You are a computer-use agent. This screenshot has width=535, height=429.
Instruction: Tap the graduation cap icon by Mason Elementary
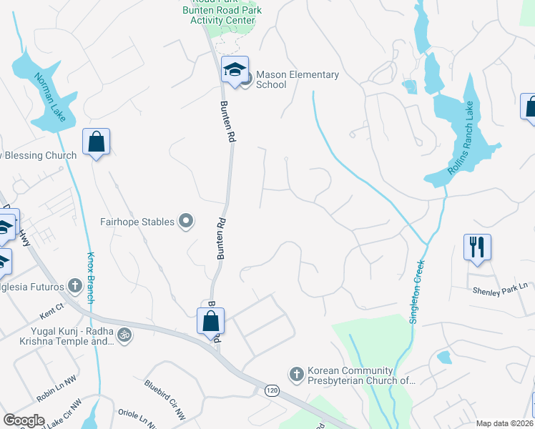click(x=235, y=69)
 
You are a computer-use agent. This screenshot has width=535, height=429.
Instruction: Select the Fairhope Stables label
click(x=137, y=222)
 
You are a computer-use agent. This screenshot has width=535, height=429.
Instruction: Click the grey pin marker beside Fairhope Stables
click(x=186, y=221)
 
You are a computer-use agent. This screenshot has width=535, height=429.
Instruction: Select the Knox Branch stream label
click(x=92, y=278)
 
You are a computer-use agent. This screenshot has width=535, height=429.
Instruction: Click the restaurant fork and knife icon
click(x=477, y=247)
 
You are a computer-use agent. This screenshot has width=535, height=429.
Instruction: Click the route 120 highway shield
click(x=271, y=391)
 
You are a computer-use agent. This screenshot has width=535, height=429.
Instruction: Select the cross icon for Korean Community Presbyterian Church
click(x=297, y=373)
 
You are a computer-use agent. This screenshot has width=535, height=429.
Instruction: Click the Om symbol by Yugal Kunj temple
click(x=124, y=334)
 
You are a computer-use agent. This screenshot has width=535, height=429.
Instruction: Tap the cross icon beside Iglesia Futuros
click(x=75, y=287)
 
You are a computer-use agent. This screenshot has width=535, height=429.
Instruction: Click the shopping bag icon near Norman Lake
click(x=97, y=142)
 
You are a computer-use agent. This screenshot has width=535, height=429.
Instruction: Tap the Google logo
click(x=24, y=420)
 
